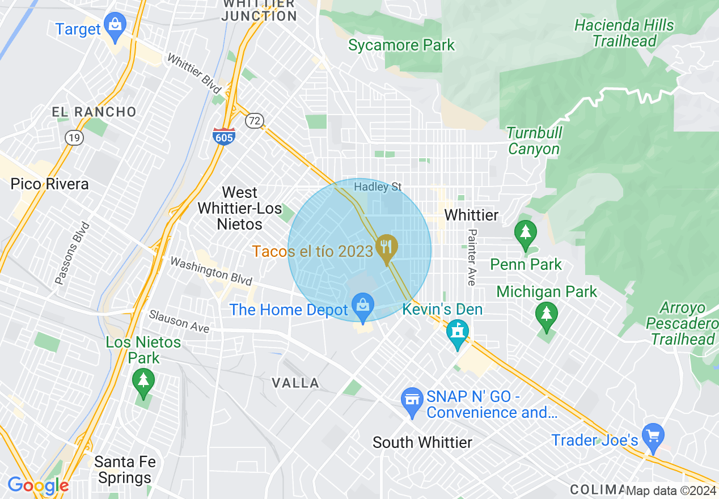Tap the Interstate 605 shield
click(224, 136)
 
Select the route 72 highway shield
click(255, 120)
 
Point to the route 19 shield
click(74, 137)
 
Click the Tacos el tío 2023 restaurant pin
click(387, 248)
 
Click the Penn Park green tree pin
click(526, 234)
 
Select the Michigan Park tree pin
click(546, 315)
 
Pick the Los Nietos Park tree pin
click(143, 381)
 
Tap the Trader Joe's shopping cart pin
click(653, 437)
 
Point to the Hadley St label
click(378, 187)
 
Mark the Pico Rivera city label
click(50, 184)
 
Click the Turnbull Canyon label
click(534, 141)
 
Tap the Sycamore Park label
click(401, 45)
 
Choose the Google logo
click(38, 485)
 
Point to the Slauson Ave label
click(179, 321)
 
